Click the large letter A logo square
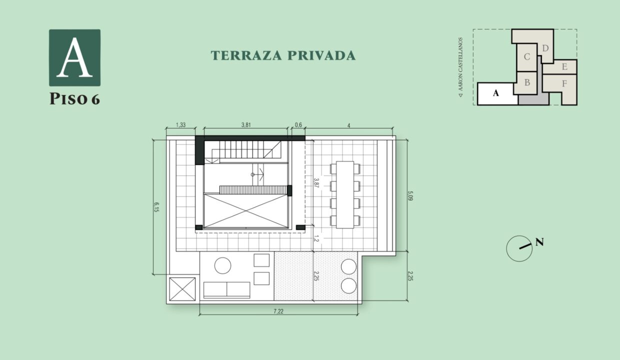coord(74,57)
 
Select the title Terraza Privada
coord(283,55)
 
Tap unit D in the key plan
coord(545,48)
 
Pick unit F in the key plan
coord(564,84)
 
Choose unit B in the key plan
coord(527,82)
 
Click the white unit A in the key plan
coord(496,93)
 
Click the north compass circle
coord(519,248)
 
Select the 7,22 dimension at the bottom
coord(278,311)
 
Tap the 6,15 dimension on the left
coord(156,207)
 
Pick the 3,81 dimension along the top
coord(245,125)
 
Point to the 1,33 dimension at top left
coord(180,125)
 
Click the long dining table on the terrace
coord(345,194)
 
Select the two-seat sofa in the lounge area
coord(226,290)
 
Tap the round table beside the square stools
coord(222,265)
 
